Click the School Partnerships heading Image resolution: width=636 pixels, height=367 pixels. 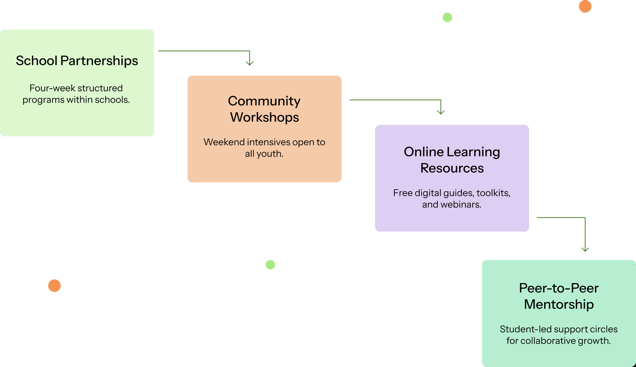point(77,61)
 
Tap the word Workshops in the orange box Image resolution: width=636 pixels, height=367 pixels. point(264,117)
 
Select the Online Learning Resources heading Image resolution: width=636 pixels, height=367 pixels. point(452,160)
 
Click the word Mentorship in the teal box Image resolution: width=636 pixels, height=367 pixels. point(558,305)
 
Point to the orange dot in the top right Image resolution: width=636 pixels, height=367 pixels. point(585,6)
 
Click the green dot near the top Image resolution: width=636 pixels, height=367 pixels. point(447,17)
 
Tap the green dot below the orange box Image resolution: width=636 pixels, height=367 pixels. point(270,265)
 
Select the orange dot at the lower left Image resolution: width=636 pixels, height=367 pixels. point(54,286)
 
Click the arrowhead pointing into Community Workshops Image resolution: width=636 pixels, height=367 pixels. point(250,63)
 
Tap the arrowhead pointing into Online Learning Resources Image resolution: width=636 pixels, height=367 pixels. point(440,112)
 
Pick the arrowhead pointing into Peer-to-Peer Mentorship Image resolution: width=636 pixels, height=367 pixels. point(585,249)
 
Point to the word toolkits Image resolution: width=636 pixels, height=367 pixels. point(493,193)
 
